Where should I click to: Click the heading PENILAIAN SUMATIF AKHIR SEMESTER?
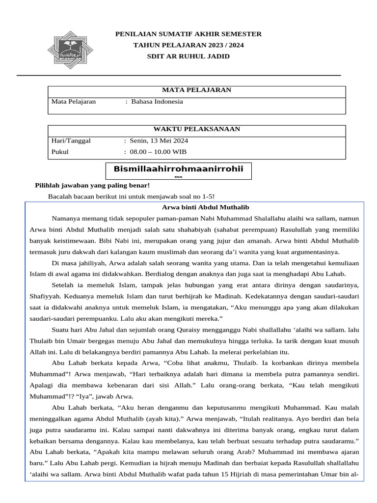[188, 34]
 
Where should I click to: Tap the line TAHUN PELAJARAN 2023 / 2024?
[188, 45]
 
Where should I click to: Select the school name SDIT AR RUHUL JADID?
[188, 56]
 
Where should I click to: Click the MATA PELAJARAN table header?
[196, 90]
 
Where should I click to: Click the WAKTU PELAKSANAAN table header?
[196, 129]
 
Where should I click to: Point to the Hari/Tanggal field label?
[71, 140]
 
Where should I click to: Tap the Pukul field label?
[60, 152]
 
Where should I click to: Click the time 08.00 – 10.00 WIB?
[159, 152]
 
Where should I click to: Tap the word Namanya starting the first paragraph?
[67, 218]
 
